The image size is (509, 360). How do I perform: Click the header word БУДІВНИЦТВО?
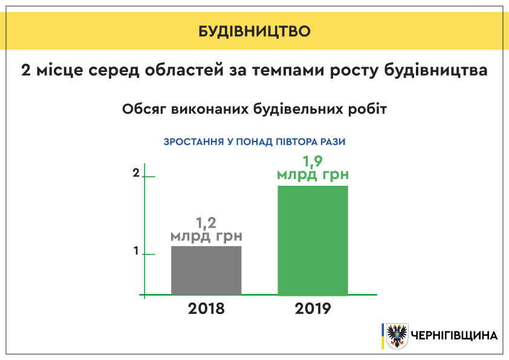pos(254,31)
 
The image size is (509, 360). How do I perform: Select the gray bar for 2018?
pos(207,270)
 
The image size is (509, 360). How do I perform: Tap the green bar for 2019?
pos(313,241)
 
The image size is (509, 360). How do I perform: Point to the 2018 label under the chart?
pos(206,309)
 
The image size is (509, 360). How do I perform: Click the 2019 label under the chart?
pos(313,309)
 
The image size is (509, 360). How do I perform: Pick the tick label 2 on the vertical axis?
pos(136,173)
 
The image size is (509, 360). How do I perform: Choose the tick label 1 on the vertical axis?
pos(136,250)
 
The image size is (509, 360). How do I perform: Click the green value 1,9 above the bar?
pos(313,161)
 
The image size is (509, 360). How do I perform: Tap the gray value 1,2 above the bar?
pos(206,223)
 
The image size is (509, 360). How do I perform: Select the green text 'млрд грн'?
pos(313,174)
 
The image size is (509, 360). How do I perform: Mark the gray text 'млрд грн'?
pos(207,236)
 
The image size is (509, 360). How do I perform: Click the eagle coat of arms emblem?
pos(397,336)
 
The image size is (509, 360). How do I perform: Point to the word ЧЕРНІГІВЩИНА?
pos(454,335)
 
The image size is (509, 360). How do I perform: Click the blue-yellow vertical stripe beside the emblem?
pos(383,336)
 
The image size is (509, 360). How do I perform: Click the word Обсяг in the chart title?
pos(144,109)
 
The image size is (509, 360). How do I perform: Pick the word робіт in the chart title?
pos(368,109)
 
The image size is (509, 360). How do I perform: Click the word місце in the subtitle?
pos(60,70)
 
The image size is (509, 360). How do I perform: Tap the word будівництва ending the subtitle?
pos(436,70)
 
